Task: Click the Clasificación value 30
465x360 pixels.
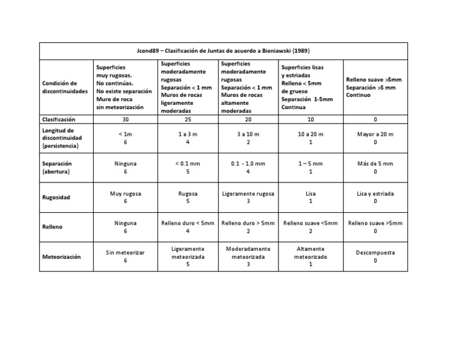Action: pos(126,120)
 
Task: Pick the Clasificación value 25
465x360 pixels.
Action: pos(188,120)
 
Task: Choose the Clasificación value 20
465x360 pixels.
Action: pos(248,120)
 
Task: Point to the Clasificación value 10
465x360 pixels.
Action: pos(310,120)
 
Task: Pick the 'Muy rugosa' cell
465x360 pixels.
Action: pos(126,194)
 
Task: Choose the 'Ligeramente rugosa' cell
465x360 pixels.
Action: pos(248,194)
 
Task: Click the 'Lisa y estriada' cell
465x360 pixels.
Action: pos(375,194)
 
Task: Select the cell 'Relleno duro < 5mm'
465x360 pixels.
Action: pos(188,223)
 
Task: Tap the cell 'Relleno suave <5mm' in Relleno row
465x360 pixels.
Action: pos(311,223)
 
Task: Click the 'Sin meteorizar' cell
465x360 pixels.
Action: pos(126,252)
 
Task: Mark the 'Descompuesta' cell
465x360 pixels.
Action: pos(375,252)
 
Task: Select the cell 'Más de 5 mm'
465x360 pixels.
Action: pos(375,164)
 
